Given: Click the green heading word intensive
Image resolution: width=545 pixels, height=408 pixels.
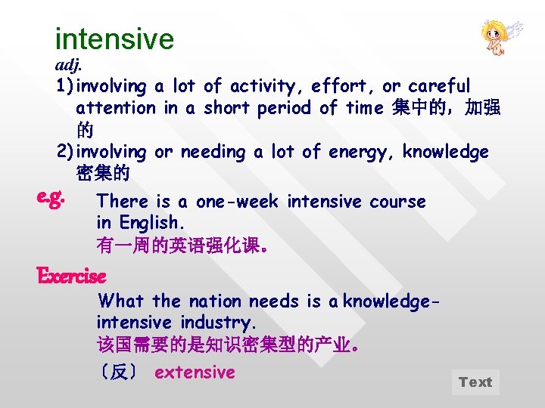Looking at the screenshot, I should point(114,39).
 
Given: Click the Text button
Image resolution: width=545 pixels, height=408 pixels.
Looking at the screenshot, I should point(475,382).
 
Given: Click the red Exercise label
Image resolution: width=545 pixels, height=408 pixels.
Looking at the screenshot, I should point(71,276).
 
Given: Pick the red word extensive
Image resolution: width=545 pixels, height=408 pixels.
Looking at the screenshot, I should point(195,372).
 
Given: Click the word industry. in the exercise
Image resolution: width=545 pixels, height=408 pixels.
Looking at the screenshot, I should point(224,323).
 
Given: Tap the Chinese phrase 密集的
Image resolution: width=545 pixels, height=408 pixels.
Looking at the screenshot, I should point(103,174).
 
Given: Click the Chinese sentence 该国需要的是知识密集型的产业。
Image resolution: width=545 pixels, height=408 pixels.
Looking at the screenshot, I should point(228,346).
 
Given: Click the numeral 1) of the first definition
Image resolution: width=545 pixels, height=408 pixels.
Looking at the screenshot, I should point(66,87).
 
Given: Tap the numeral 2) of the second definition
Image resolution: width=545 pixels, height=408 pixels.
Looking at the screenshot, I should point(66,152).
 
